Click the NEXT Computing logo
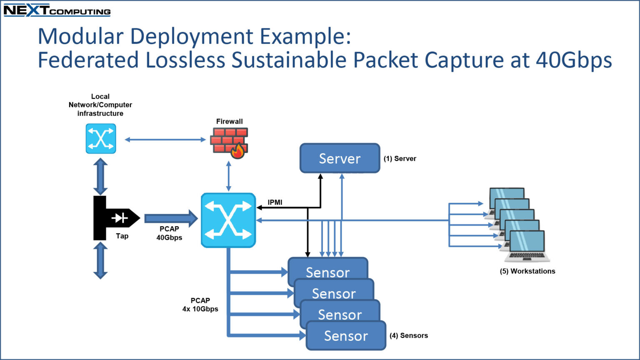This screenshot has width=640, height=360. [57, 10]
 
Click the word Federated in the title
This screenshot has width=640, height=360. [88, 60]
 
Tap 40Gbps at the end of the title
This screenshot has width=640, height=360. [574, 60]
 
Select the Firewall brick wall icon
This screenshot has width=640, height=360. [229, 143]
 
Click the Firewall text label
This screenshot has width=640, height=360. [230, 121]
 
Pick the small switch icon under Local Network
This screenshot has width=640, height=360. [101, 139]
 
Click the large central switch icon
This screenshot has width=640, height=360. [228, 220]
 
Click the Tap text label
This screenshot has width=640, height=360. [122, 236]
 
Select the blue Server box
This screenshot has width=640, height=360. [340, 158]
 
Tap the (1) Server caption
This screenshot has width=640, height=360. [400, 159]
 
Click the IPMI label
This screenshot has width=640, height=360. [275, 202]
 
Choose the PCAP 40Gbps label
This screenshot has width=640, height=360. [169, 233]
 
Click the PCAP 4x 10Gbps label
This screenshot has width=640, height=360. [200, 305]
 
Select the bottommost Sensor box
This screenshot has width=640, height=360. [346, 335]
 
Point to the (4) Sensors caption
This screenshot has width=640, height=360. [409, 335]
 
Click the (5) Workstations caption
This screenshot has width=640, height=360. [527, 271]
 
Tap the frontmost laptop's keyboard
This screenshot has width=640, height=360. [527, 256]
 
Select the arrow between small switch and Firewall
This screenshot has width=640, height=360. [165, 140]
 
